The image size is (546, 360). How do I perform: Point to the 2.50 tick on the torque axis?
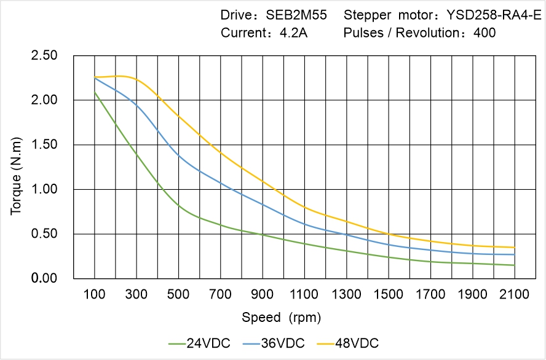coord(44,56)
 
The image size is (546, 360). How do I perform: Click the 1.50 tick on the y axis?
coord(44,145)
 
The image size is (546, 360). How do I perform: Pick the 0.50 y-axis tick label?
coord(44,234)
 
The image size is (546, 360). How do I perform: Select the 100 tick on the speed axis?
coord(95,294)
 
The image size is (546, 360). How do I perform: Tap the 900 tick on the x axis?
coord(263,294)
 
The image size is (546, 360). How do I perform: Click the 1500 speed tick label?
coord(389,294)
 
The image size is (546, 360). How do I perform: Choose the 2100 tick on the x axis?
coord(515,294)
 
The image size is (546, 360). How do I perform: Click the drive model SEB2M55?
coord(297,14)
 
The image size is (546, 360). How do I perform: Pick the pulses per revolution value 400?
coord(485,33)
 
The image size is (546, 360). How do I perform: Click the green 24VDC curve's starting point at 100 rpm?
coord(95,92)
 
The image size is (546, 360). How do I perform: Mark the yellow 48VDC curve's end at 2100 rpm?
coord(515,248)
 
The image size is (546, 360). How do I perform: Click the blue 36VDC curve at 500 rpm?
coord(179,156)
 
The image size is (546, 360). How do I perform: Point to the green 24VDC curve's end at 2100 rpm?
coord(515,265)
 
